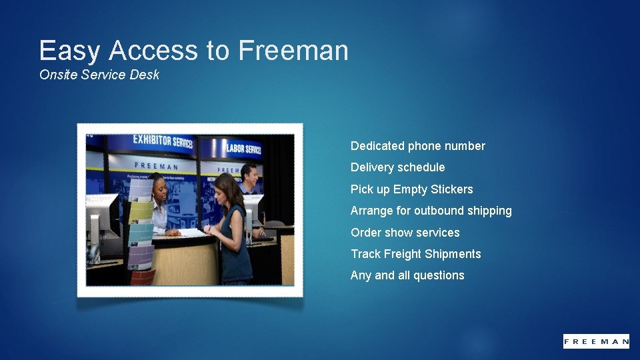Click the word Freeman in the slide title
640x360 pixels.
(293, 51)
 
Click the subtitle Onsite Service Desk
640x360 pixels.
(99, 75)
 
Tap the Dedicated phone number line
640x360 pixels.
(417, 146)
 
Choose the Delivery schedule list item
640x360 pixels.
(397, 167)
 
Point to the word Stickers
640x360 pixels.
(451, 189)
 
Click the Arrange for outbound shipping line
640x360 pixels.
(431, 211)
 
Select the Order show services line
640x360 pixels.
(405, 233)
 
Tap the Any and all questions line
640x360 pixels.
(407, 275)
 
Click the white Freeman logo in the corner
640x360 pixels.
(595, 341)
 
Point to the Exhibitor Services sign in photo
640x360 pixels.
(162, 141)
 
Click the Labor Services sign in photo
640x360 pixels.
(243, 148)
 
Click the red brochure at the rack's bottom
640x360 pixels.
(142, 275)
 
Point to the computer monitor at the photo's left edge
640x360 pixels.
(95, 220)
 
